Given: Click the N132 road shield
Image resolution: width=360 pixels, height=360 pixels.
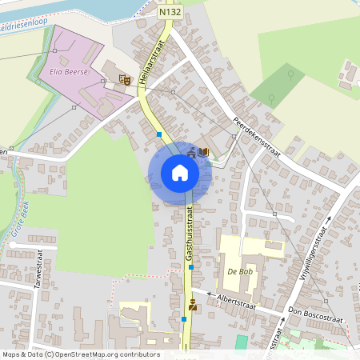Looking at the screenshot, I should click(x=169, y=13).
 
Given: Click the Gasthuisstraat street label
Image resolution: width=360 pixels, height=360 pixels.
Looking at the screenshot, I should click(x=190, y=232).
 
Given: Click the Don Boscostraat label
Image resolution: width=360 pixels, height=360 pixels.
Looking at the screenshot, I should click(x=316, y=314).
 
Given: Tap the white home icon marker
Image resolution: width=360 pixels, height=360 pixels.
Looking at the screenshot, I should click(x=179, y=173).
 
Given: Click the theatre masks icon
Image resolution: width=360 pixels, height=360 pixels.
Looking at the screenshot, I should click(x=124, y=78).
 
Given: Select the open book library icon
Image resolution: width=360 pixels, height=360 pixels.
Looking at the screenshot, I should click(x=205, y=152).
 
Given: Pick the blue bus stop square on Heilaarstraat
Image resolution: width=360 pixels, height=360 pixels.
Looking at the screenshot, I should click(x=160, y=134).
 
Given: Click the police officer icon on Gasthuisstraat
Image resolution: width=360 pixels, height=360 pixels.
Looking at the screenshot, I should click(x=192, y=304).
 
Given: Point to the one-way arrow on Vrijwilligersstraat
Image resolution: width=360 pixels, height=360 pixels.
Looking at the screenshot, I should click(x=330, y=218).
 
